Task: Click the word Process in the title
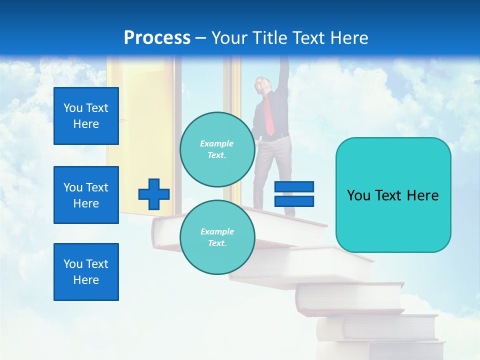tap(157, 37)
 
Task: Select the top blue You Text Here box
tap(86, 116)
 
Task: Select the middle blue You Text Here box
tap(86, 195)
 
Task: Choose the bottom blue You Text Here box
tap(86, 272)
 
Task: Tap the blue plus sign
tap(154, 194)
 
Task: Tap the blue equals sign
tap(294, 194)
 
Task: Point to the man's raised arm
tap(284, 75)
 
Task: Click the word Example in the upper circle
tap(217, 143)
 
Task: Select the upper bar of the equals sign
tap(294, 187)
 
